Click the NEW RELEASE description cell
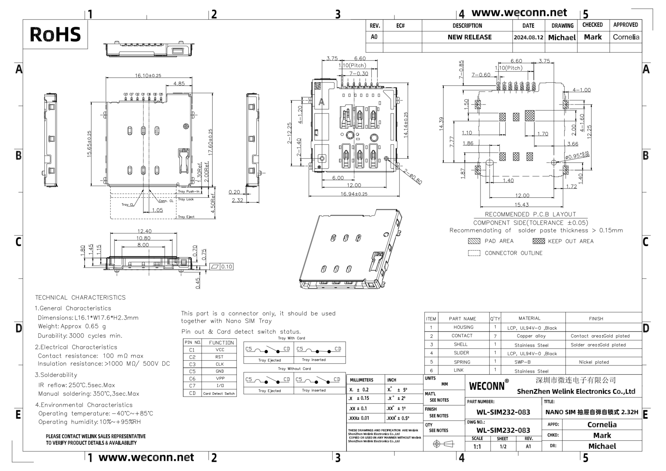click(x=469, y=37)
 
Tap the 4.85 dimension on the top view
click(x=179, y=84)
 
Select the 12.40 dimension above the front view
click(x=144, y=231)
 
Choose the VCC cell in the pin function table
click(x=220, y=350)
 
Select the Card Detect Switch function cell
click(x=219, y=394)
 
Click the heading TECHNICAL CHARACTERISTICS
click(x=80, y=298)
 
